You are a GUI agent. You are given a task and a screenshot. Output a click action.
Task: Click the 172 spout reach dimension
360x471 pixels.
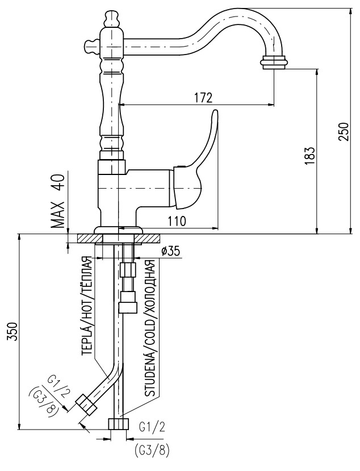[203, 98]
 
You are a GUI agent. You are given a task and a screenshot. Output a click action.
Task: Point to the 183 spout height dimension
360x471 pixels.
[310, 155]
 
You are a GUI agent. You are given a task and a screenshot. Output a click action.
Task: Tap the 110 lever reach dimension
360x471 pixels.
[177, 221]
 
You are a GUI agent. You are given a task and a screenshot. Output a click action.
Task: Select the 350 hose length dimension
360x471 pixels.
[12, 332]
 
